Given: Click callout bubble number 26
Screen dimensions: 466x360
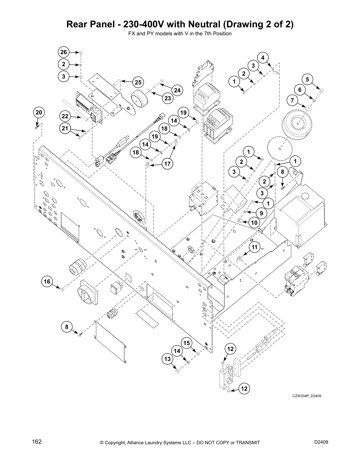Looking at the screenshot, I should [64, 52].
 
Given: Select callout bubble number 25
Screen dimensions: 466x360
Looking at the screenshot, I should [138, 82].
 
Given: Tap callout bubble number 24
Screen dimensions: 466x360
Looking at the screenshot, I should [177, 90].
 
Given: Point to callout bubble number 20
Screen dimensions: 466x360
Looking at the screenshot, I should [39, 113].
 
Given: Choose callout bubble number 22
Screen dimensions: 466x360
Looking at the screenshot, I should [65, 116].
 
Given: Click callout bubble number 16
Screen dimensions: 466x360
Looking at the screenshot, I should [47, 282].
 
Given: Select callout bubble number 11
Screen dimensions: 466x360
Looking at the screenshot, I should [254, 247].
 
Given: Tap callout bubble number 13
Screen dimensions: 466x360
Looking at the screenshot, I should [167, 359].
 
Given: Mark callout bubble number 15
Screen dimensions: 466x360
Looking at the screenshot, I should [187, 343].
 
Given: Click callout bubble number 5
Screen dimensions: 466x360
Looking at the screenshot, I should [307, 79].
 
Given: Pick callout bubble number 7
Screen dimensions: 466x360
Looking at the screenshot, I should [292, 100].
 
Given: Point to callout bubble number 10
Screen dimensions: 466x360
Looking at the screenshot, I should [254, 223].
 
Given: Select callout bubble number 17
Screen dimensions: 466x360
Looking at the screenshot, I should [167, 164].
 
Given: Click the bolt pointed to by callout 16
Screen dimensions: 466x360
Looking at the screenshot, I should [65, 288].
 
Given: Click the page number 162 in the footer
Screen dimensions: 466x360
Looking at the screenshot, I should [37, 442].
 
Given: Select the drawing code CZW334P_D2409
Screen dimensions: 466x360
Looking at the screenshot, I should [306, 396].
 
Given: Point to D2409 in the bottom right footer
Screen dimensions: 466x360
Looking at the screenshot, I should [321, 442].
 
